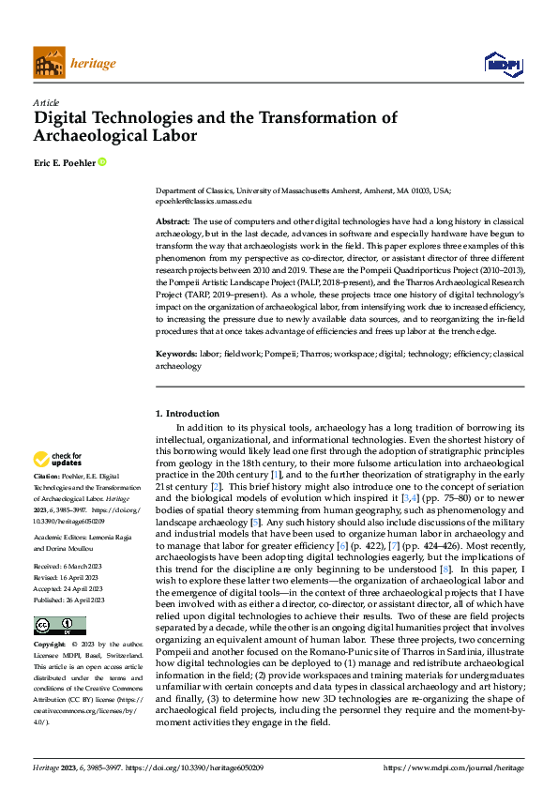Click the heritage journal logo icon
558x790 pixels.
tap(49, 63)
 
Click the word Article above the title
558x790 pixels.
tap(46, 102)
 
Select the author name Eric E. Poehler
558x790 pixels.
tap(64, 162)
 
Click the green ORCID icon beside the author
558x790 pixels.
tap(101, 162)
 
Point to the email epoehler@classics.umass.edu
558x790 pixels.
tap(204, 201)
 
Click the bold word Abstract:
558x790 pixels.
tap(173, 219)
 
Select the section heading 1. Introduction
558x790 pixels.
tap(188, 413)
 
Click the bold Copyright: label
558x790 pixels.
tap(51, 646)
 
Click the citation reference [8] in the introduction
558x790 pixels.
tap(447, 543)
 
